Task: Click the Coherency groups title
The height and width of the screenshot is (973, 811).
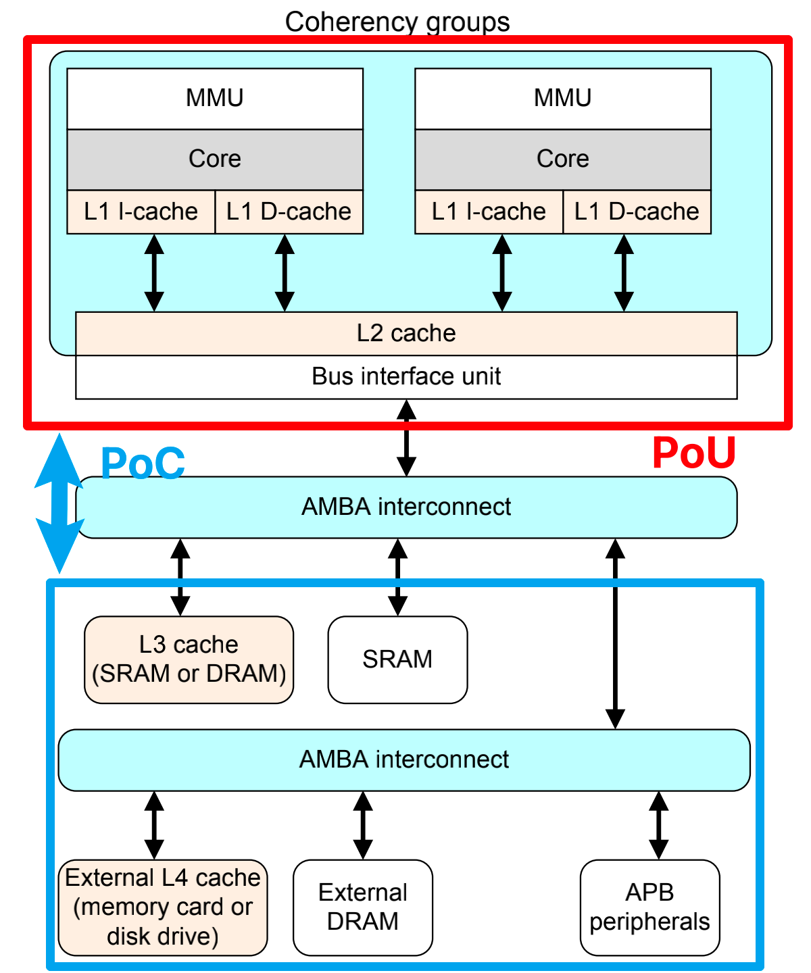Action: click(397, 22)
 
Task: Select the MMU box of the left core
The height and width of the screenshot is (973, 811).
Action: click(215, 99)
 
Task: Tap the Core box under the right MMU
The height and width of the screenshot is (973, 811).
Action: click(562, 159)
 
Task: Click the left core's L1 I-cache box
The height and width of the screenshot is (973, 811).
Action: click(141, 211)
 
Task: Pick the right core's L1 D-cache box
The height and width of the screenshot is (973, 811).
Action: click(637, 211)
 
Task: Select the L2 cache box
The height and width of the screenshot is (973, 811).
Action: click(406, 334)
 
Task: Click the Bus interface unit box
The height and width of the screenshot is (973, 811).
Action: click(406, 377)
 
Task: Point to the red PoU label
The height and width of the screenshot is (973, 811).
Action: click(693, 453)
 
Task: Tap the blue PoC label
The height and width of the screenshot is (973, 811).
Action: click(143, 463)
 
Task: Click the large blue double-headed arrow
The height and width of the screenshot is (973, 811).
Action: click(59, 503)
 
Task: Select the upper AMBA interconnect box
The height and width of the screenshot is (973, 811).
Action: click(406, 507)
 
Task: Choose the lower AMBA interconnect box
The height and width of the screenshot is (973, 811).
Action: click(404, 759)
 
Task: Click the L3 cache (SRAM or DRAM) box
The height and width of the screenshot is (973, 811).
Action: click(189, 659)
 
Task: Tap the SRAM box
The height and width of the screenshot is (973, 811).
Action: click(397, 659)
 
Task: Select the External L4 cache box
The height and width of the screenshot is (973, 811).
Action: click(163, 907)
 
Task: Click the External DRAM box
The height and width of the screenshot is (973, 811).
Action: click(363, 907)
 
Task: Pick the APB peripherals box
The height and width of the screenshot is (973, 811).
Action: click(649, 907)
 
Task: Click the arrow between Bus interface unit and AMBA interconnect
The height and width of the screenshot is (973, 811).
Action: click(406, 438)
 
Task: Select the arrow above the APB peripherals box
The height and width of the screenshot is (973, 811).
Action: click(658, 825)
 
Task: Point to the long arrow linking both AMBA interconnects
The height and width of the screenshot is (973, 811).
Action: click(615, 634)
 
